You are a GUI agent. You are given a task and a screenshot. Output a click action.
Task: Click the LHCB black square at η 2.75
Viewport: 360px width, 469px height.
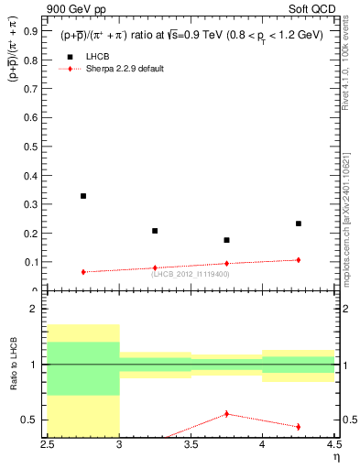tap(83, 196)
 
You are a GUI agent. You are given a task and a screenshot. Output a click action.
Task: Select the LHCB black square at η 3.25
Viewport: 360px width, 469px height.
tap(155, 231)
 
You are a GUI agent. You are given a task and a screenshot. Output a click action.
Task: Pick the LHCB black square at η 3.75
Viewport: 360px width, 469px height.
tap(226, 240)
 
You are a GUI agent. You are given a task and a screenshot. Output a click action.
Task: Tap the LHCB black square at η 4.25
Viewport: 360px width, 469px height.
tap(299, 224)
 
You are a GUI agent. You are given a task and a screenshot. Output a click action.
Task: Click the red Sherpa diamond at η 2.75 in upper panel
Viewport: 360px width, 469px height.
tap(83, 272)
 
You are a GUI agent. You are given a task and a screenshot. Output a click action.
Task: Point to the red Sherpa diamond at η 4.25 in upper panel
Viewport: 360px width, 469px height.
tap(299, 260)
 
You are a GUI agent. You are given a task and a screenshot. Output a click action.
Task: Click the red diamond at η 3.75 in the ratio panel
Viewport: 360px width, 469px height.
tap(226, 414)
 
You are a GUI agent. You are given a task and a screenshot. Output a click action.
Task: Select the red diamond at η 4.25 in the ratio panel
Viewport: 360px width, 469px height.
tap(299, 427)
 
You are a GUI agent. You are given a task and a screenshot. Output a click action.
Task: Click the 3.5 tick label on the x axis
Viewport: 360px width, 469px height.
tap(191, 444)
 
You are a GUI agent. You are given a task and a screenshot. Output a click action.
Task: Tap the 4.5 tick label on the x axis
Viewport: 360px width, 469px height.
tap(333, 444)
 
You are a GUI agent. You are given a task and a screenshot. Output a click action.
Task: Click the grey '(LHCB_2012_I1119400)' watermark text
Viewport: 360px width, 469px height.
tap(191, 274)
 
